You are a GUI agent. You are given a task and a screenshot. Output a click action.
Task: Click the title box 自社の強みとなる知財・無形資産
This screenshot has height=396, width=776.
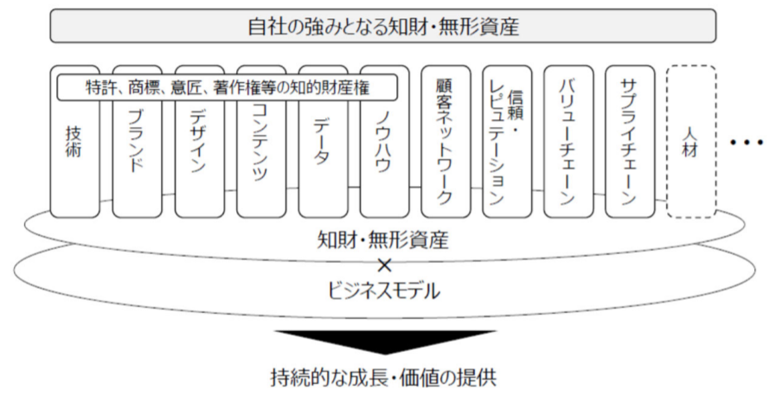point(382,25)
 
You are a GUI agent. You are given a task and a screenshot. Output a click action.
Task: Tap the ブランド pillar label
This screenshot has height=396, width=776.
point(136,143)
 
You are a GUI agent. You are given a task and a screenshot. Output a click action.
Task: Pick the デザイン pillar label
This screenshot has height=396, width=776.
point(198,143)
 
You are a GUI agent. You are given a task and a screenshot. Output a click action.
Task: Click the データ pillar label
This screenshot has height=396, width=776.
point(322,143)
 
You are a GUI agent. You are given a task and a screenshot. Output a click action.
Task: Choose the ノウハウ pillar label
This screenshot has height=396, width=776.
point(384,143)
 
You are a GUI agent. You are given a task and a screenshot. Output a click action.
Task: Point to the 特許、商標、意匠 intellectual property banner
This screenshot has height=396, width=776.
point(227,86)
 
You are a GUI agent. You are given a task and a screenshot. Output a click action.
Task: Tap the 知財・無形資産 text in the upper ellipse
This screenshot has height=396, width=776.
point(383,238)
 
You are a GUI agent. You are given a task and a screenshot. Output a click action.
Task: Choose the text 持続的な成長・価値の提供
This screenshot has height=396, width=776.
point(383,378)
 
